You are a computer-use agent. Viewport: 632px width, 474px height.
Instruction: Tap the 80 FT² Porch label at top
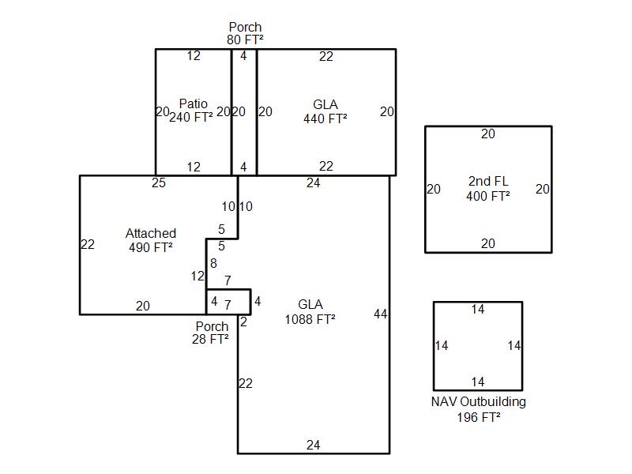tap(245, 33)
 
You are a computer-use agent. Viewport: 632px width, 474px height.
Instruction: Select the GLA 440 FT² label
tap(325, 111)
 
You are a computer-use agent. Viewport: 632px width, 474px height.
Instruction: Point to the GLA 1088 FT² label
tap(310, 311)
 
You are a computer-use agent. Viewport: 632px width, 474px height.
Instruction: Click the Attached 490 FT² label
tap(150, 240)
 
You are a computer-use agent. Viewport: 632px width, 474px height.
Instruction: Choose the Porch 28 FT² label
tap(212, 333)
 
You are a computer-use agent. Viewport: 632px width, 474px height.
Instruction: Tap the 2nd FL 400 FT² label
tap(487, 189)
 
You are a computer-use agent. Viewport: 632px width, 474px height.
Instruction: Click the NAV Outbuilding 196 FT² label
tap(478, 409)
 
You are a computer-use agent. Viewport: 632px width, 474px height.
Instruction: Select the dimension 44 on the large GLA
tap(381, 314)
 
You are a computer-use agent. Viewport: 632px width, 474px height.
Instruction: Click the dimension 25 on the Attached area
tap(159, 183)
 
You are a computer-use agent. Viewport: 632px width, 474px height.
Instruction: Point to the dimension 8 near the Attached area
tap(213, 263)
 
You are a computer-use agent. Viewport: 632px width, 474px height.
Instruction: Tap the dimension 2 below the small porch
tap(243, 322)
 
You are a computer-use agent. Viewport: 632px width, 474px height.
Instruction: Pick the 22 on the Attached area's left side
tap(88, 245)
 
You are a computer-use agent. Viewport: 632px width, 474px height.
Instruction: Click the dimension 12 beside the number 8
tap(197, 276)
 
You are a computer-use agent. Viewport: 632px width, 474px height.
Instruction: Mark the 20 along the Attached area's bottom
tap(143, 307)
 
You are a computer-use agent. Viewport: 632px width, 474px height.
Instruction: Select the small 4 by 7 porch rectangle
tap(228, 302)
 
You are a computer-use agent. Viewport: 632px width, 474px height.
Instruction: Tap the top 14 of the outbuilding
tap(478, 310)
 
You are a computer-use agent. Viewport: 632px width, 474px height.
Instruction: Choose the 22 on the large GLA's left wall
tap(246, 384)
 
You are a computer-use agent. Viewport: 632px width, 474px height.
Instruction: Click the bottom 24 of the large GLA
tap(314, 446)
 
